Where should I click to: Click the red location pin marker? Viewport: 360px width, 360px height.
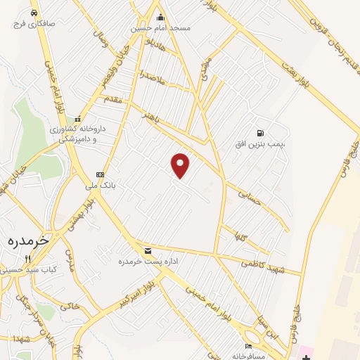[x=181, y=165]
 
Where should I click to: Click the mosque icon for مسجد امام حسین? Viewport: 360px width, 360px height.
[x=160, y=18]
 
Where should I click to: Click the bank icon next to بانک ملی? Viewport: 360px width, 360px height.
[x=100, y=174]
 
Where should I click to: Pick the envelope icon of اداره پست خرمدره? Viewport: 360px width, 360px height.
[x=148, y=250]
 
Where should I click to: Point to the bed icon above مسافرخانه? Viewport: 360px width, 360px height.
[x=247, y=347]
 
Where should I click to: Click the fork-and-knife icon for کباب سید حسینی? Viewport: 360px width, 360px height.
[x=27, y=259]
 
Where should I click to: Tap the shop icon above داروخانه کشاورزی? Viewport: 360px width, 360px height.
[x=79, y=119]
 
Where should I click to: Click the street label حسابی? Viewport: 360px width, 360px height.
[x=250, y=197]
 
